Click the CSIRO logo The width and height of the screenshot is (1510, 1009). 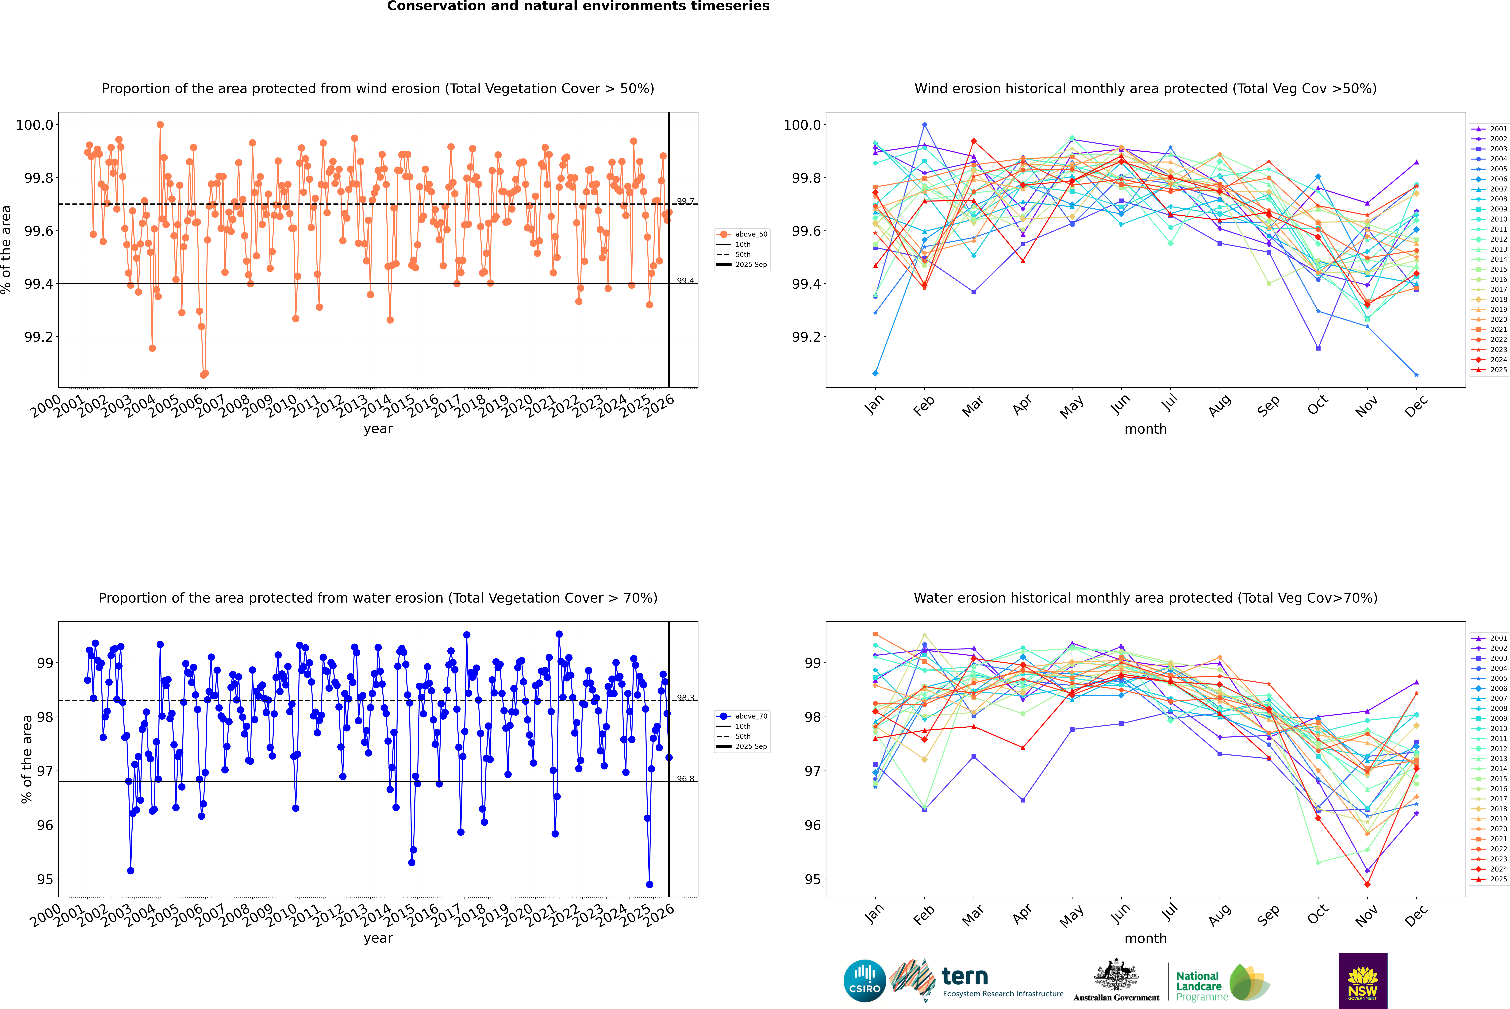865,981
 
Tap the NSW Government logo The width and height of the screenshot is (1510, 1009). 1363,981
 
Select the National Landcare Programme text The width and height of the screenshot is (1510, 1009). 1199,986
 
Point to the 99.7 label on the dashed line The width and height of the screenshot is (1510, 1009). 685,201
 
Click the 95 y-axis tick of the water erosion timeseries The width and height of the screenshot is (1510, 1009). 45,880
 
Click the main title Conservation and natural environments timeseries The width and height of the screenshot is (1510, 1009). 578,6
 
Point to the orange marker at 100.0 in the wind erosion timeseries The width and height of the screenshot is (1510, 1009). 160,125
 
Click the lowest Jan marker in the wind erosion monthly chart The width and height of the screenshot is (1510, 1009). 875,373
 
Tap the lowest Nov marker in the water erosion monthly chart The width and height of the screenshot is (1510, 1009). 1367,885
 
